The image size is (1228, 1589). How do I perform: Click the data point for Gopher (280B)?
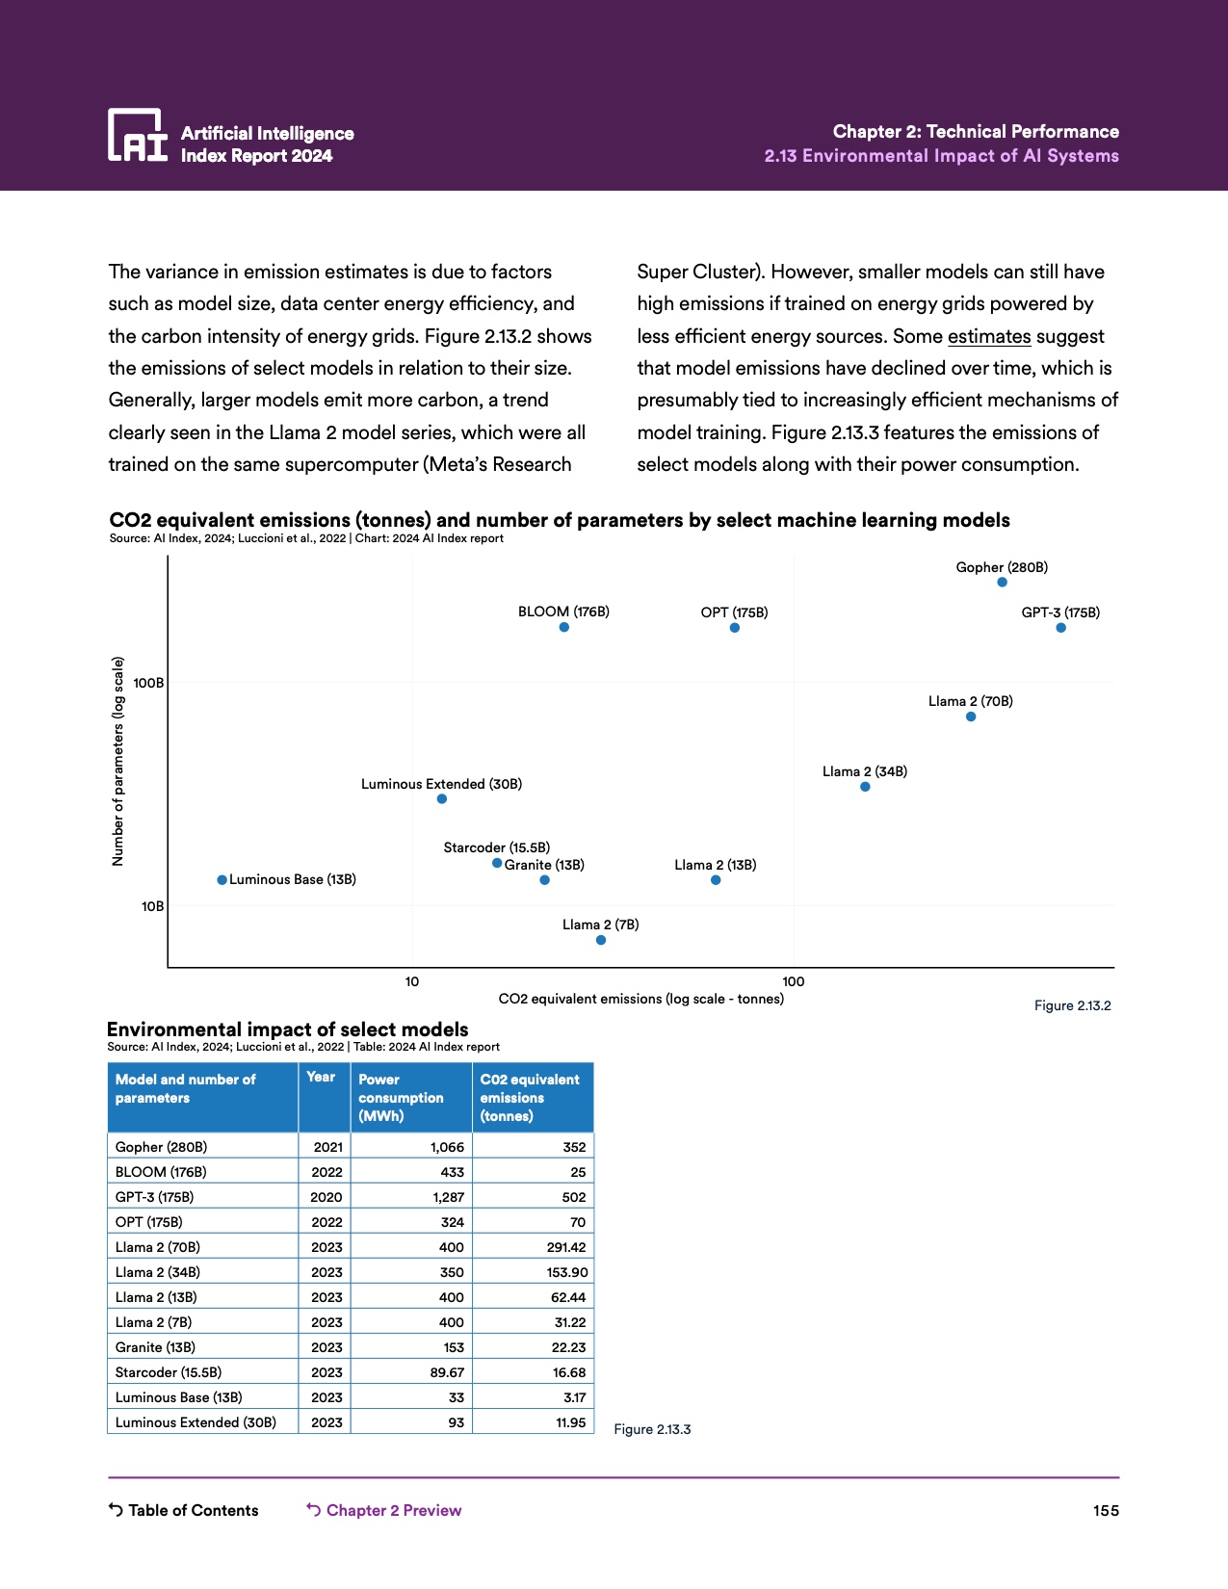(x=1002, y=583)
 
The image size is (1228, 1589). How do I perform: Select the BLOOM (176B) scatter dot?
(x=564, y=628)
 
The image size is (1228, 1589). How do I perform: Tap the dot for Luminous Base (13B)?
(x=222, y=880)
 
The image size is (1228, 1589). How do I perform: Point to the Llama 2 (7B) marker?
(x=601, y=940)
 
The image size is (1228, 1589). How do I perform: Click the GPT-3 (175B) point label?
(x=1060, y=612)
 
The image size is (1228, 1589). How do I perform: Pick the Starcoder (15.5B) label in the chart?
(x=497, y=847)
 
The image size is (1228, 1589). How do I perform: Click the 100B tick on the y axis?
(x=149, y=683)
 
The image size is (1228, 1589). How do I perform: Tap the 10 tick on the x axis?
(x=412, y=981)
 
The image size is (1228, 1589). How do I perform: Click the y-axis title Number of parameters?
(x=118, y=761)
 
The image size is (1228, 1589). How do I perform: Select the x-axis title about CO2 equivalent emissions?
(x=640, y=999)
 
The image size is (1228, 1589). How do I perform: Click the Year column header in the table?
(x=321, y=1078)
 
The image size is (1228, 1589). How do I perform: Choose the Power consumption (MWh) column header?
(x=401, y=1098)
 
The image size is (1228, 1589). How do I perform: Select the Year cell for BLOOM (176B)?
(x=327, y=1172)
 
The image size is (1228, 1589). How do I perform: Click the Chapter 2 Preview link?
(x=393, y=1510)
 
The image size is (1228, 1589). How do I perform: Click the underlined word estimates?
(x=989, y=336)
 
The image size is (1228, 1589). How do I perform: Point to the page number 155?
(x=1106, y=1510)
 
